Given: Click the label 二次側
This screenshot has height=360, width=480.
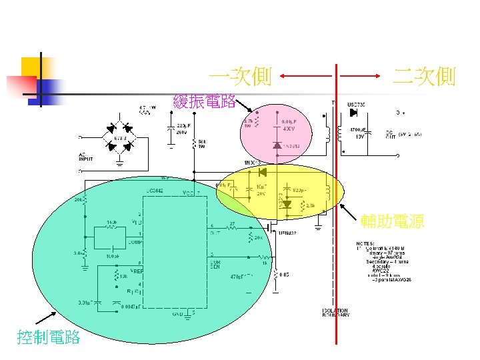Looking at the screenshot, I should pos(424,77).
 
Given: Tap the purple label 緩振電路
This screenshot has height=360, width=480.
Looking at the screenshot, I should pos(204,102).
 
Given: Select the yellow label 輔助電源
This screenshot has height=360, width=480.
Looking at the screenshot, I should pos(392,222).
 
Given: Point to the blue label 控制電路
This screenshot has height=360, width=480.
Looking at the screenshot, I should pos(49,337).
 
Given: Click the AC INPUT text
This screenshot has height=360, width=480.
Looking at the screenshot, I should pos(87,158).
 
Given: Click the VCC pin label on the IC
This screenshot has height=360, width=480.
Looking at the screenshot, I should pos(188,193).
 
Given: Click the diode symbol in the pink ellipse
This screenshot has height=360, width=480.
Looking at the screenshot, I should pos(277,145).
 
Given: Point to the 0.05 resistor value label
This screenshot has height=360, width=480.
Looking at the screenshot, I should pos(284,274).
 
